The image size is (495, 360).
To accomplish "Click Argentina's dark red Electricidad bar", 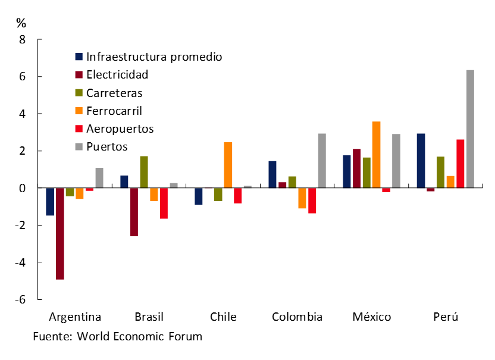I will point(60,233).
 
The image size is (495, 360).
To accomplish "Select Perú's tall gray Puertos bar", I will point(470,129).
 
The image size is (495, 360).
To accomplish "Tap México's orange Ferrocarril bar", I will point(376,155).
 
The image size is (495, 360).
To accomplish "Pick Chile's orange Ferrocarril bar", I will point(228,165).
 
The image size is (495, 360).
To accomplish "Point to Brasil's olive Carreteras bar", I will point(144,172).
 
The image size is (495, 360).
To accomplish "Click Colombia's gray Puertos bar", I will point(322,161).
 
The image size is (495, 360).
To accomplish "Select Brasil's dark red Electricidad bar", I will point(134,212).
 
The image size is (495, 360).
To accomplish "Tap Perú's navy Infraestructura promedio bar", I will point(421,161).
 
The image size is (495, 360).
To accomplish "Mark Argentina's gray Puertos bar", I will point(99,178).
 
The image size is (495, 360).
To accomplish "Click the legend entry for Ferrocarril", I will point(114,111).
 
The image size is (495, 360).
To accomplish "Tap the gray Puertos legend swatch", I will point(79,146).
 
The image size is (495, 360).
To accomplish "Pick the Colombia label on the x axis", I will point(297,317).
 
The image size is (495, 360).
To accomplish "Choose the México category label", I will point(371,317).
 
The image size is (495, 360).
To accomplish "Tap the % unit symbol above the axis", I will point(21,23).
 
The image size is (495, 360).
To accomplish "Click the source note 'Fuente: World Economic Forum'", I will point(118,337).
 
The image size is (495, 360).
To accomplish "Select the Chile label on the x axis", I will point(223,317).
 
